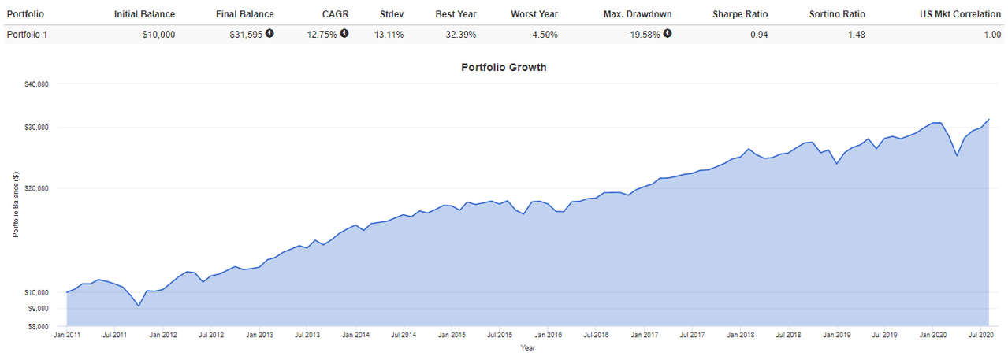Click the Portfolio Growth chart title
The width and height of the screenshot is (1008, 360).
[504, 68]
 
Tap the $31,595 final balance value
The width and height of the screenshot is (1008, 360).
[246, 35]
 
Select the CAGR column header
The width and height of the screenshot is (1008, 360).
[335, 14]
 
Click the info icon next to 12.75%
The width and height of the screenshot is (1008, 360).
[344, 33]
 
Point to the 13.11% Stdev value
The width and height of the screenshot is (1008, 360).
[389, 35]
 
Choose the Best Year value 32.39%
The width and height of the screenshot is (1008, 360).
[461, 35]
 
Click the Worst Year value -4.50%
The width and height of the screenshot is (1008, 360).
[543, 35]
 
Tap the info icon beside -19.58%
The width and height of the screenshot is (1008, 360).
[668, 33]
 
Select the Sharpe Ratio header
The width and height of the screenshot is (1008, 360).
[740, 14]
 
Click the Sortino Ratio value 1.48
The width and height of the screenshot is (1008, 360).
[857, 35]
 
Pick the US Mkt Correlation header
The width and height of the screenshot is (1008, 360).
[960, 14]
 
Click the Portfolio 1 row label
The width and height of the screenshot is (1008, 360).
[27, 35]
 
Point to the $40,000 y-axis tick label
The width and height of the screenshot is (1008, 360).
[36, 84]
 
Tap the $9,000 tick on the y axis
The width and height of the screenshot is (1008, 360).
[38, 309]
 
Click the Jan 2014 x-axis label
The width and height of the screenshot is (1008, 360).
[355, 335]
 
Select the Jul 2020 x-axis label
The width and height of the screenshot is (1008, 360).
[981, 335]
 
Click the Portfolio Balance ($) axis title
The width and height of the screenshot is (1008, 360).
[16, 204]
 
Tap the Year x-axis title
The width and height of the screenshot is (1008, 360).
[528, 348]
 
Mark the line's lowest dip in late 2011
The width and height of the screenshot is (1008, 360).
[139, 306]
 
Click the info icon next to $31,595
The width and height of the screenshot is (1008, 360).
[270, 33]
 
